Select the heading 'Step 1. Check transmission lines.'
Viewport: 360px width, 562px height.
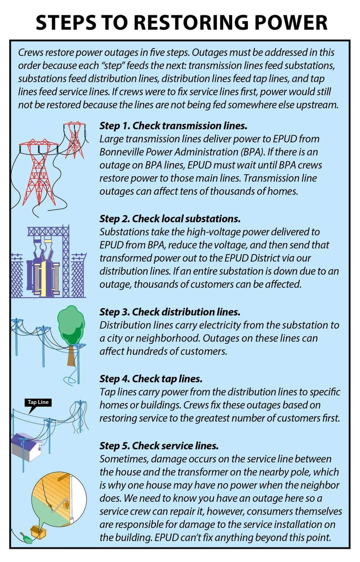coord(173,126)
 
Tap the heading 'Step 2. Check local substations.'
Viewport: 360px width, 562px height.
coord(170,219)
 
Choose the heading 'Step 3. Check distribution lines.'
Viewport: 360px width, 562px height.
coord(170,312)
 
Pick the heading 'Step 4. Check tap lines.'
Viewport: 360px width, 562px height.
coord(151,379)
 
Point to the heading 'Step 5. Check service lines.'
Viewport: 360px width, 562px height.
coord(159,446)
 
